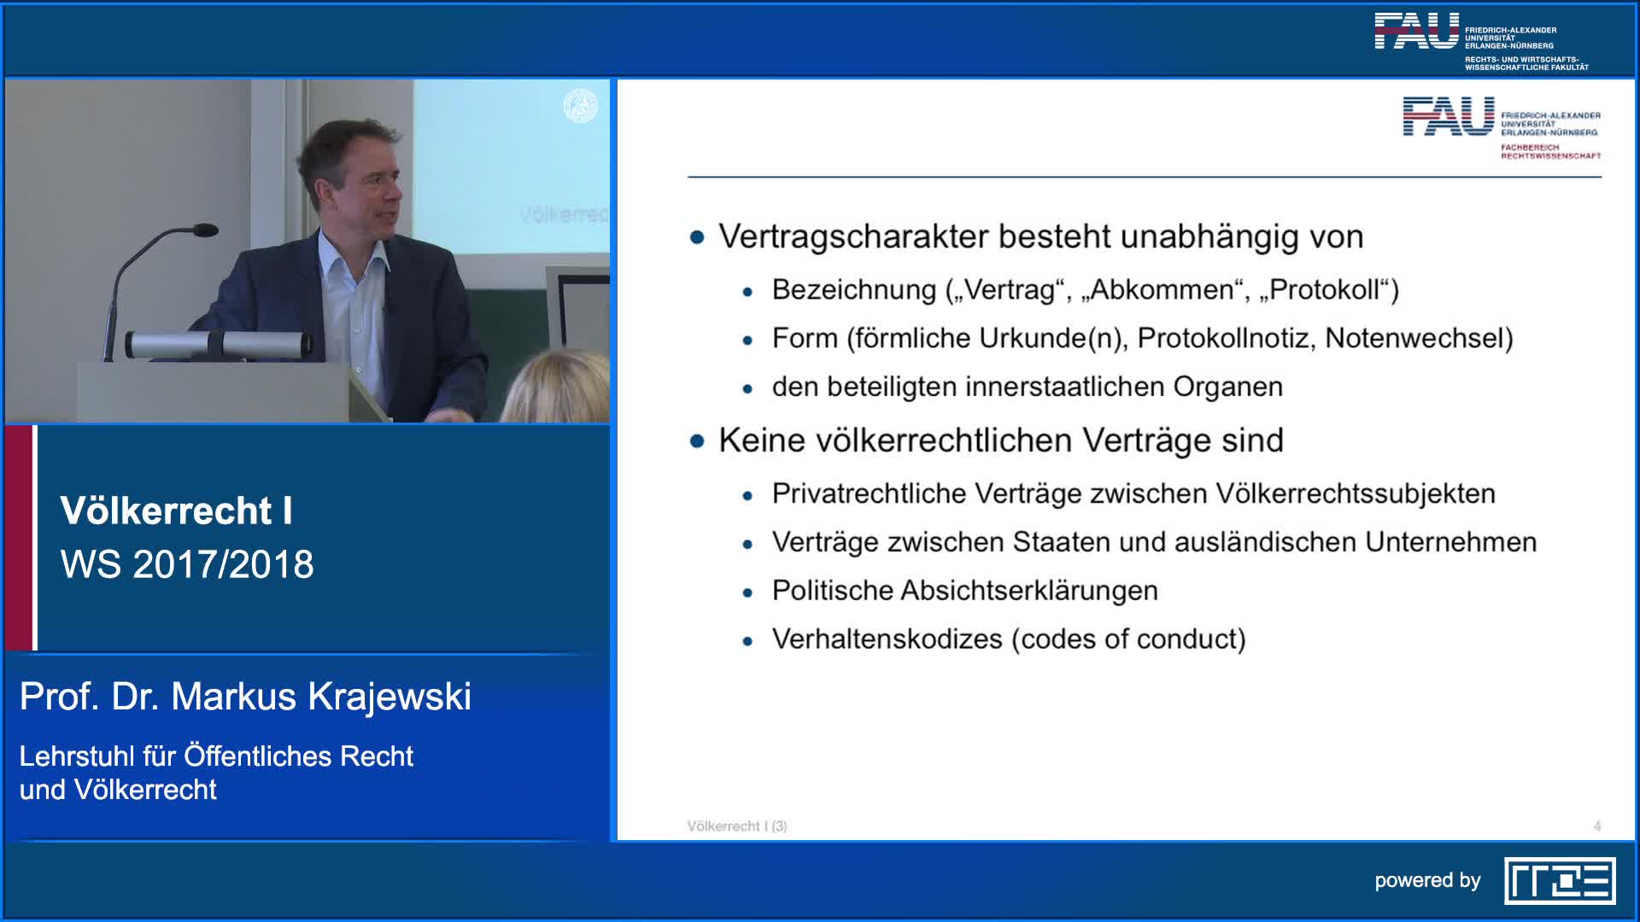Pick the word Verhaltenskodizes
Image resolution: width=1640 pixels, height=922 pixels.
point(887,639)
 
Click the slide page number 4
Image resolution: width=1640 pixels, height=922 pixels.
point(1596,826)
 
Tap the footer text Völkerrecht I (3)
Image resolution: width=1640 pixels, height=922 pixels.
point(737,826)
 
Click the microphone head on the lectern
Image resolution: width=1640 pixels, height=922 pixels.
point(205,230)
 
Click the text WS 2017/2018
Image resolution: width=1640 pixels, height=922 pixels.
point(187,565)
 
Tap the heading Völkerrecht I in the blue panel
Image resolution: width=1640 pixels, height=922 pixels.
point(176,511)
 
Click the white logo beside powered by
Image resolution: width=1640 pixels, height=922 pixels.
point(1559,881)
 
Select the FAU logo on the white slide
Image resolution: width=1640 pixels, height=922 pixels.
point(1448,117)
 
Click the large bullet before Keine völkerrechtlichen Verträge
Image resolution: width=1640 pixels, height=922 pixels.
point(697,441)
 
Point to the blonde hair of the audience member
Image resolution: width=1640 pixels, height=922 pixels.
point(557,388)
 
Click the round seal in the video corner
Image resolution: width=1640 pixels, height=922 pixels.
point(580,107)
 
